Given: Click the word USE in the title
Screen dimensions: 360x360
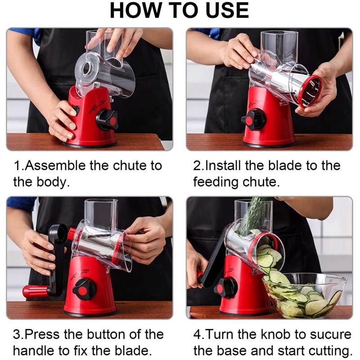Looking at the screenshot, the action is [x=227, y=10].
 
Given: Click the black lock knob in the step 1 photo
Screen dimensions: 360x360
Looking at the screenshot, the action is [x=107, y=120].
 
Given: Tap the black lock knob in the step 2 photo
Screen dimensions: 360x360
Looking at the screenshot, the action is [x=253, y=120].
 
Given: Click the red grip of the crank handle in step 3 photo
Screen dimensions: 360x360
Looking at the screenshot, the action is [x=36, y=291].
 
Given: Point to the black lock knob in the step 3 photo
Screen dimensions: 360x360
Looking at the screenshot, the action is [x=84, y=290].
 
